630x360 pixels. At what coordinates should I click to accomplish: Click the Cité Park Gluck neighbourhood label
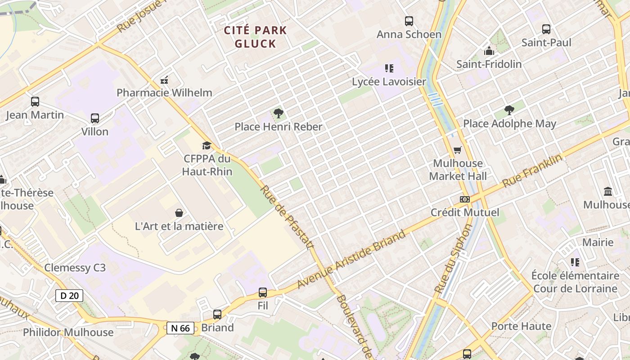[255, 37]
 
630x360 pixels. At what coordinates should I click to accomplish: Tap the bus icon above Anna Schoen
[409, 21]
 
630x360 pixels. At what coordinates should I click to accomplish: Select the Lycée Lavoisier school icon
[389, 68]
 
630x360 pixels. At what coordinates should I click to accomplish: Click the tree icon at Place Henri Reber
[279, 113]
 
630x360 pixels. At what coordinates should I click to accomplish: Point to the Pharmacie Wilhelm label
[164, 93]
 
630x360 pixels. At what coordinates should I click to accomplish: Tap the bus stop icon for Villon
[94, 118]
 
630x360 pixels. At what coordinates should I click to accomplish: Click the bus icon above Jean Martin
[35, 102]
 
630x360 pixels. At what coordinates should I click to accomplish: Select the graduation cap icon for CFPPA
[207, 145]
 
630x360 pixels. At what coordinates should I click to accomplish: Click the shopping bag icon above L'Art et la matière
[179, 212]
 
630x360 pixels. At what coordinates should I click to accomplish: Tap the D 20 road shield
[69, 296]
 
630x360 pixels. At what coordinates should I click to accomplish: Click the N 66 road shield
[181, 328]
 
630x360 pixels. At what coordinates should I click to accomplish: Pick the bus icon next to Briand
[217, 315]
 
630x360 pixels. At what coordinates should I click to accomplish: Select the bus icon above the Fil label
[263, 292]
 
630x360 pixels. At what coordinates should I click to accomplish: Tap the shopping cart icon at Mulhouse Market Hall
[458, 150]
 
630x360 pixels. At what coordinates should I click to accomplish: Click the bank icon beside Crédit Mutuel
[465, 199]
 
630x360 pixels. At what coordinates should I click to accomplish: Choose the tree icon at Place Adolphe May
[509, 110]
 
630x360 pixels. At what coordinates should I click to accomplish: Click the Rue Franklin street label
[532, 171]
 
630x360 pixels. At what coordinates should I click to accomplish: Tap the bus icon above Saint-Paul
[546, 29]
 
